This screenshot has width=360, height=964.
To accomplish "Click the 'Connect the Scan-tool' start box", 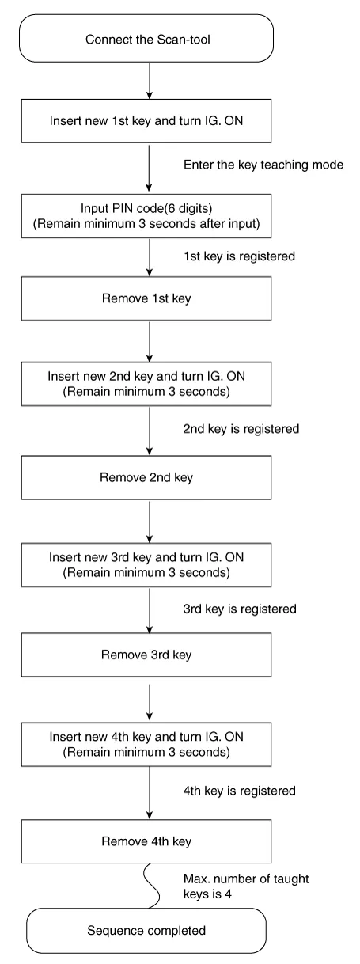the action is coord(146,38).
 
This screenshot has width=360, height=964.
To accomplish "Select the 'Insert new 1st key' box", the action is coord(146,121).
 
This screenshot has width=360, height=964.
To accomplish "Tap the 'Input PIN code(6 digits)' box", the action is coord(146,215).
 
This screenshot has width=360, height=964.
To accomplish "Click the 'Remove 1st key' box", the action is coord(146,298).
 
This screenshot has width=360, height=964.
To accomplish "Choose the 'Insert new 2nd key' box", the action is coord(146,383).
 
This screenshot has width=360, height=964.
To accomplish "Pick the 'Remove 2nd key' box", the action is coord(146,477).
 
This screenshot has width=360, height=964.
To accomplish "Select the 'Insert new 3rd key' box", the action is coord(146,564).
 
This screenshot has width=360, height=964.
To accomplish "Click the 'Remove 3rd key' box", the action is coord(146,655).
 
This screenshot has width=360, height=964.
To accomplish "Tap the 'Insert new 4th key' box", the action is coord(146,744).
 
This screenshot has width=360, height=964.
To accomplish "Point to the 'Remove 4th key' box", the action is coord(146,841).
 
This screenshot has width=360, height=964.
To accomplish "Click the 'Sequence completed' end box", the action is coord(146,931).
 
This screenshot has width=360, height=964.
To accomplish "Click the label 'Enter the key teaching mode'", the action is coord(263,165).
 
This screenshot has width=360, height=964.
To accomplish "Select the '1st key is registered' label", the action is coord(239,256).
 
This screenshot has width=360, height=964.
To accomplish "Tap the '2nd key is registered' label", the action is coord(241,429).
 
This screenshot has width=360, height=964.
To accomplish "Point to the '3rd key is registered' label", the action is coord(240,609).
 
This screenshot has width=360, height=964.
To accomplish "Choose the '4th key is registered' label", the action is coord(240,791).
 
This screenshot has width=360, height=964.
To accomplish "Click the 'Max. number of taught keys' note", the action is coord(246,886).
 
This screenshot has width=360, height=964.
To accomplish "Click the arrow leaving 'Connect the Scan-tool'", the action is coord(150,81).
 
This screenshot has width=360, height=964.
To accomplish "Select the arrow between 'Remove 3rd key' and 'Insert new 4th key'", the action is coord(150,702).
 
